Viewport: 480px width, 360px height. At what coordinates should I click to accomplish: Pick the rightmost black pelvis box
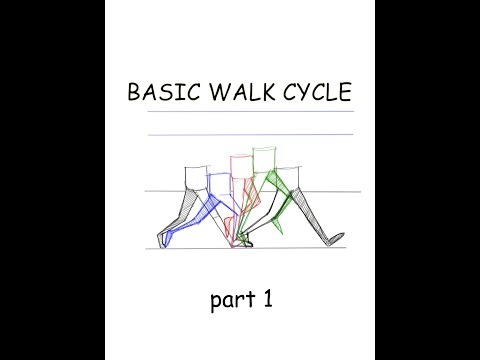[289, 176]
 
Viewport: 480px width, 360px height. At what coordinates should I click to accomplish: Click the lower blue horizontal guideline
[250, 134]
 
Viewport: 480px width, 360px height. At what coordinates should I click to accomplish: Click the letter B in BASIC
[133, 94]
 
